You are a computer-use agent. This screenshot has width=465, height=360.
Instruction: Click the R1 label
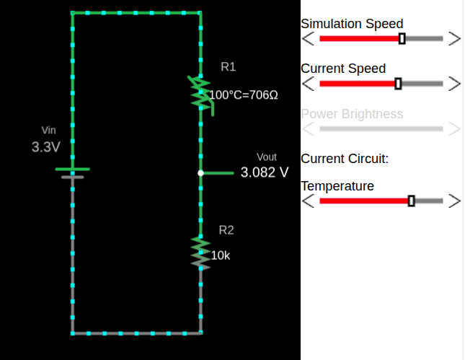pos(228,67)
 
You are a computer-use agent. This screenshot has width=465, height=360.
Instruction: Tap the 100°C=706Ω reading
pos(244,95)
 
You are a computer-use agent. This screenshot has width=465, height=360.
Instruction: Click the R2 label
pos(226,230)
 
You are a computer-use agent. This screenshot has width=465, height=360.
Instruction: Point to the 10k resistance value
pos(221,255)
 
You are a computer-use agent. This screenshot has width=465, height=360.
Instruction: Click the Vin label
pos(48,131)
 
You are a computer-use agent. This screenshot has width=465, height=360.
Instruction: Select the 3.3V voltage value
pos(45,147)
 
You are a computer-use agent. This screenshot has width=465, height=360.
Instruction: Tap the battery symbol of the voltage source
pos(72,172)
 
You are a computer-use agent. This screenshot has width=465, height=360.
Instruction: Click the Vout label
pos(266,157)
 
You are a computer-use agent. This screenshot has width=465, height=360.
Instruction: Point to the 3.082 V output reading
pos(265,173)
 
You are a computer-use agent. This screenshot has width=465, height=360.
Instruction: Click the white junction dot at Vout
pos(200,173)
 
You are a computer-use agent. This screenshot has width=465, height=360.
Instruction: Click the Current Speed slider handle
pos(399,84)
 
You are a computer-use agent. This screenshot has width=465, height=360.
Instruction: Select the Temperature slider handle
pos(411,201)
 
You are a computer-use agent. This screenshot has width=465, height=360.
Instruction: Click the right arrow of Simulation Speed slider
pos(454,38)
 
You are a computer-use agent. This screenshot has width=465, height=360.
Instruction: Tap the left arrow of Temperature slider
pos(308,201)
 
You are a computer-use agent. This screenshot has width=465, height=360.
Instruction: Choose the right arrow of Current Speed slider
pos(454,84)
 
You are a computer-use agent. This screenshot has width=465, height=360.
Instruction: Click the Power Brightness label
pos(352,114)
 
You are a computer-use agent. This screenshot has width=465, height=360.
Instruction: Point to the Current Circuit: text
pos(345,158)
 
